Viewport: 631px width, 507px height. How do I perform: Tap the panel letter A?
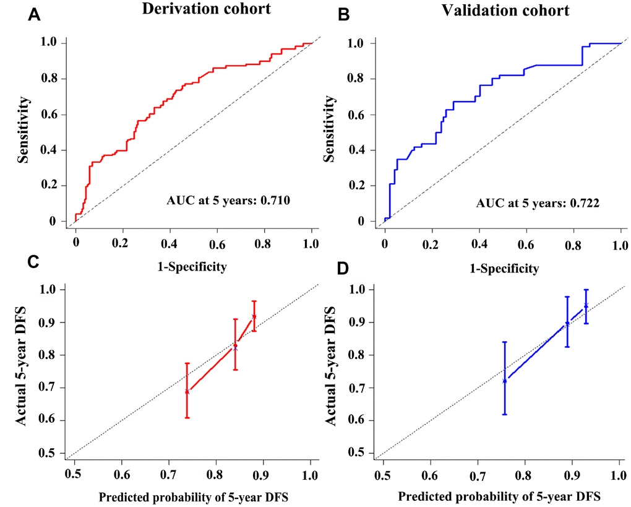coord(36,17)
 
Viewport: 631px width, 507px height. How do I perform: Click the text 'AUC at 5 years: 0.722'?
coord(538,202)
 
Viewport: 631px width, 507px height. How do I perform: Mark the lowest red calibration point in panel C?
coord(187,391)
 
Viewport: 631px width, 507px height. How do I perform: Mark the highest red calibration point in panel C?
coord(254,317)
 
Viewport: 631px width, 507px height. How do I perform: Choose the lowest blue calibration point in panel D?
coord(505,381)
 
